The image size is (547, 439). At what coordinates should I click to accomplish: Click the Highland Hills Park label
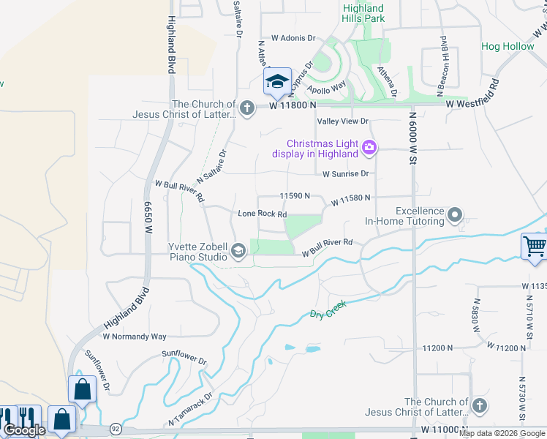pyautogui.click(x=363, y=12)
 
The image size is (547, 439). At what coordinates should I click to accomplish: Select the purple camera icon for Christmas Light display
pyautogui.click(x=369, y=148)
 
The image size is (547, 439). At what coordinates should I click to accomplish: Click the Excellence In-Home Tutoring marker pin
pyautogui.click(x=456, y=215)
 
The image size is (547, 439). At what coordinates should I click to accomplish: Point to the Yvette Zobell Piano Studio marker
pyautogui.click(x=238, y=252)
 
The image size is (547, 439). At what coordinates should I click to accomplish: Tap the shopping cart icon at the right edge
pyautogui.click(x=535, y=246)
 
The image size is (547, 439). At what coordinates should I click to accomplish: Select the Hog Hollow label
pyautogui.click(x=508, y=47)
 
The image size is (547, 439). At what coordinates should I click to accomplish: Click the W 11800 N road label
pyautogui.click(x=292, y=106)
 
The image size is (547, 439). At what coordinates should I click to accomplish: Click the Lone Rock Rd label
pyautogui.click(x=262, y=214)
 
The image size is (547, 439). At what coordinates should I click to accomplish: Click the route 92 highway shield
pyautogui.click(x=116, y=427)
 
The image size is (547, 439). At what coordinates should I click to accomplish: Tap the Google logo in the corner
pyautogui.click(x=23, y=430)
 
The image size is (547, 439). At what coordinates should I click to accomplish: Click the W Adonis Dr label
pyautogui.click(x=293, y=37)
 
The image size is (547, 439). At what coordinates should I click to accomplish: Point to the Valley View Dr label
pyautogui.click(x=342, y=121)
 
